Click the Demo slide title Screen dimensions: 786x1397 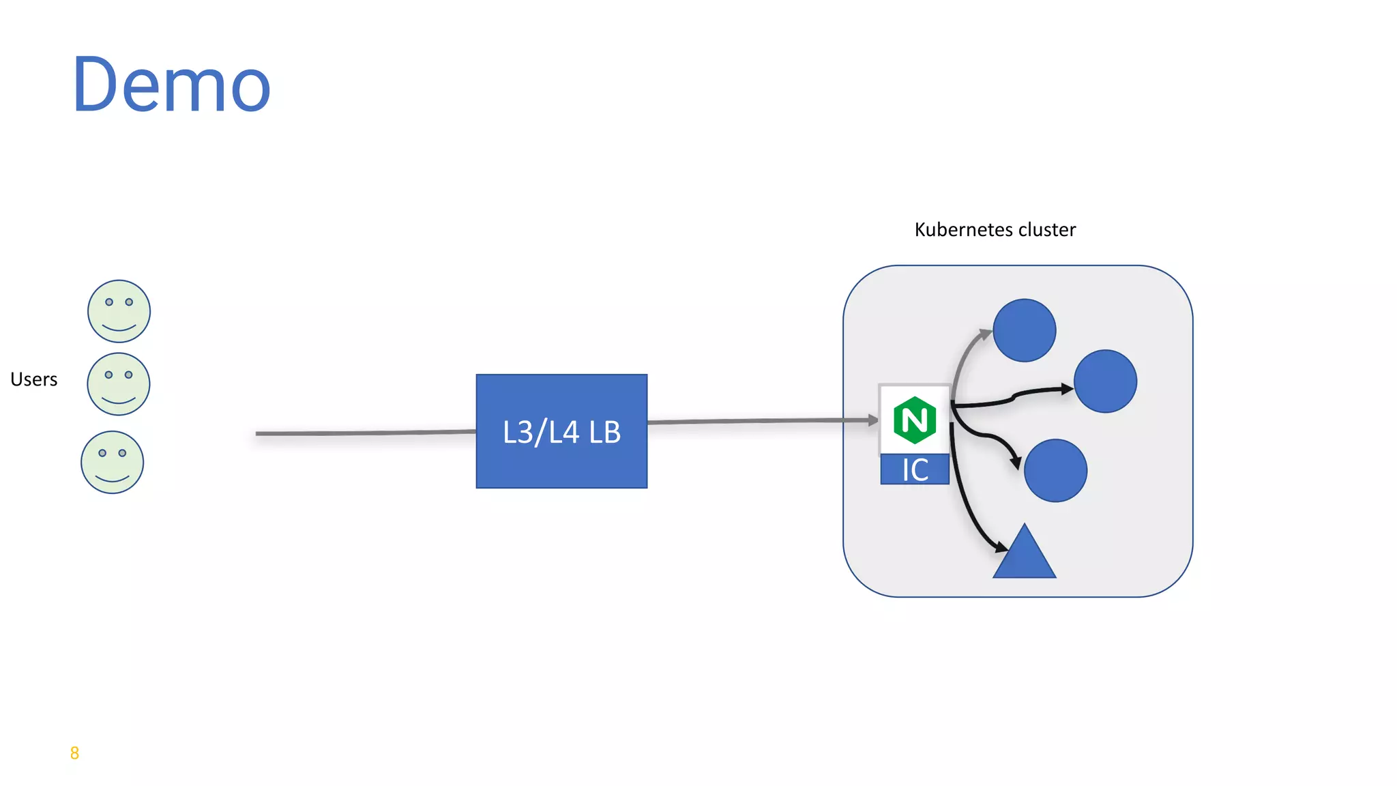coord(171,85)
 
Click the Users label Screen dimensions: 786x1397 coord(34,379)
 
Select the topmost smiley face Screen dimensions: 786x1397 coord(119,311)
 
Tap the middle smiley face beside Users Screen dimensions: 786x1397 coord(119,384)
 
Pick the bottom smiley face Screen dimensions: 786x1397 coord(113,462)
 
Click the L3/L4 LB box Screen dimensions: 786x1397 coord(561,431)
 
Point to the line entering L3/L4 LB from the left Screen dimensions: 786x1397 coord(365,433)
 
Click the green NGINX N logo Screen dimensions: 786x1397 coord(914,420)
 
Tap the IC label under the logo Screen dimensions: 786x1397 coord(915,469)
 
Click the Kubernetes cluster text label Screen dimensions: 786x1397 coord(995,230)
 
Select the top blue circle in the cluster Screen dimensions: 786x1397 coord(1025,330)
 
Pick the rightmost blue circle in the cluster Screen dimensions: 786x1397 coord(1105,381)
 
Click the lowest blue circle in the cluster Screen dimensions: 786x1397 coord(1055,471)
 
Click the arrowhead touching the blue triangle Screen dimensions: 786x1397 coord(1000,547)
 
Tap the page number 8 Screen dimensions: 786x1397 coord(74,753)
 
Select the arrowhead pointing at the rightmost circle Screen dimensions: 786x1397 coord(1067,389)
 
